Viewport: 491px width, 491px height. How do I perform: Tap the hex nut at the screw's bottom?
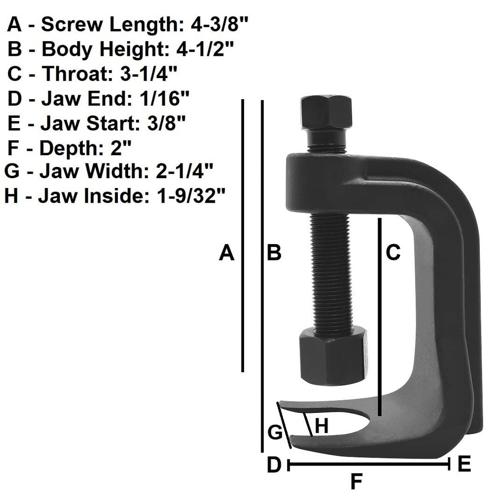[x=332, y=355]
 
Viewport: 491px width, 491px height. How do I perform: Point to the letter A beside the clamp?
[x=226, y=253]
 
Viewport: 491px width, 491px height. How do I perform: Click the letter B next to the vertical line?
[x=273, y=253]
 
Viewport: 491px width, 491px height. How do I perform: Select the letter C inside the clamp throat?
[x=393, y=253]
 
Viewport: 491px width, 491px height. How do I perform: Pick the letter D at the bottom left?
[x=274, y=464]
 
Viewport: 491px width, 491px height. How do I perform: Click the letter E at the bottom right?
[x=464, y=464]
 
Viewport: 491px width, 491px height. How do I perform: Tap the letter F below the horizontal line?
[x=357, y=481]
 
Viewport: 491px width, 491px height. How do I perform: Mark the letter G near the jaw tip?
[x=275, y=433]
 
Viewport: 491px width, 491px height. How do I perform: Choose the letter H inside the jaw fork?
[x=321, y=426]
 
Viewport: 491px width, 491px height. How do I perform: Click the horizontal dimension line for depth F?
[x=368, y=464]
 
